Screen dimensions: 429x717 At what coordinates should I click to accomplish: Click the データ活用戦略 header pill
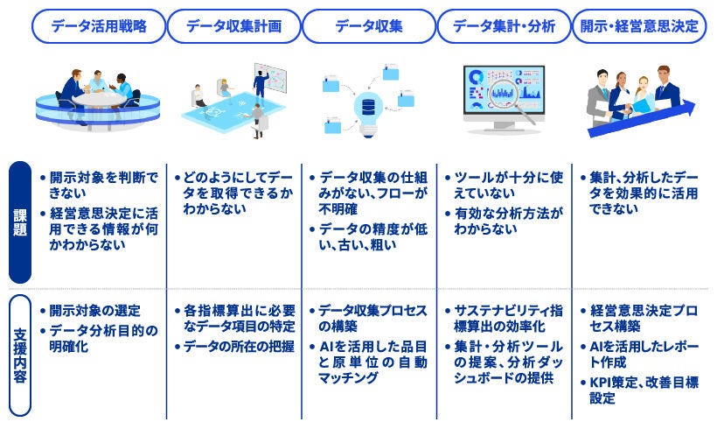coord(98,26)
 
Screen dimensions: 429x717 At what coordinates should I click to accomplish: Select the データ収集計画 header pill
coord(233,26)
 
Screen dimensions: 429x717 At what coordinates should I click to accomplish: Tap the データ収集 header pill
coord(369,26)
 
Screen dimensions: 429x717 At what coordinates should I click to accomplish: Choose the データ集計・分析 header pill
coord(504,26)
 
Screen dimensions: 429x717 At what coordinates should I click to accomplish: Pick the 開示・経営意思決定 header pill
coord(639,26)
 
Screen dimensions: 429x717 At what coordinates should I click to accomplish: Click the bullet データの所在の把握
coord(234,345)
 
